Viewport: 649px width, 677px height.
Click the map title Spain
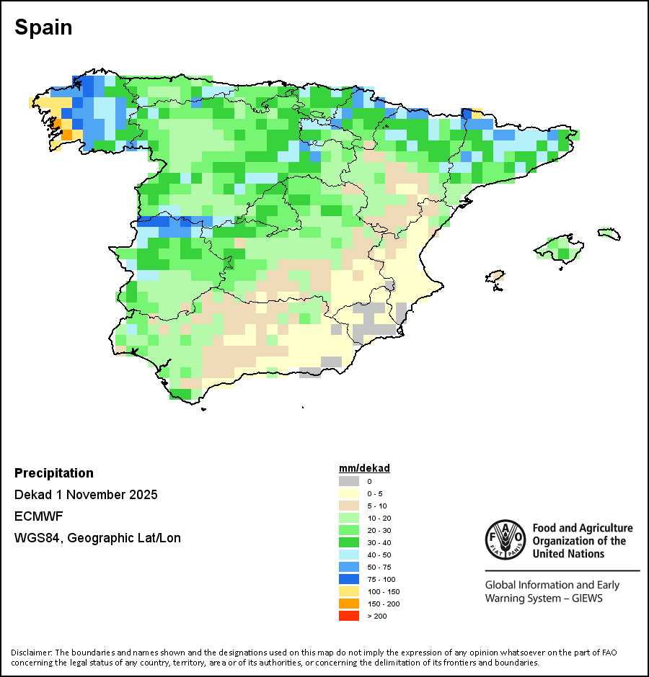point(43,27)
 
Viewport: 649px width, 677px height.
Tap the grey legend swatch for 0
point(349,481)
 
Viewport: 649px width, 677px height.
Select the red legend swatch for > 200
point(349,616)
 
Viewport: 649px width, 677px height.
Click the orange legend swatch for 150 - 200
point(349,604)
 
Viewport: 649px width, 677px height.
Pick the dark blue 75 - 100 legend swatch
point(349,579)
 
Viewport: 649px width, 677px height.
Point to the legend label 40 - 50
point(377,555)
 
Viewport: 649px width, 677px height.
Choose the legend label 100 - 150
point(379,591)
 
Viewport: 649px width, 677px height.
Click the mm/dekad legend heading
point(364,468)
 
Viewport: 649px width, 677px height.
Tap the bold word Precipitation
point(54,473)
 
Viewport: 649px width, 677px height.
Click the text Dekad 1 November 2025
point(86,495)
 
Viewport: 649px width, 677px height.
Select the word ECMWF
point(39,516)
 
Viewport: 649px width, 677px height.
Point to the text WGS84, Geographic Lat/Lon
point(97,538)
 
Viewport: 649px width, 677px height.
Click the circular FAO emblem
point(505,539)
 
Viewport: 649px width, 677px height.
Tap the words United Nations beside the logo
point(569,554)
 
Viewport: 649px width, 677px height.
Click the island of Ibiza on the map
point(495,277)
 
